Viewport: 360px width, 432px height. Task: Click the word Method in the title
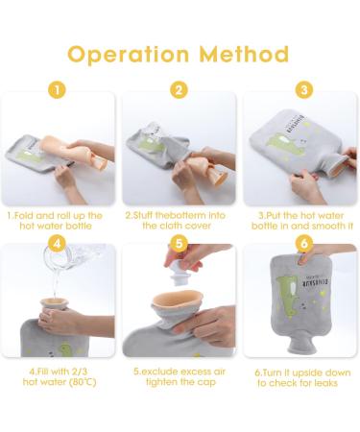click(x=247, y=54)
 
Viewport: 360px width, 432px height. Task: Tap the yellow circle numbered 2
click(x=180, y=91)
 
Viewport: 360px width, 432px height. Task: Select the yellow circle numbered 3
click(x=302, y=91)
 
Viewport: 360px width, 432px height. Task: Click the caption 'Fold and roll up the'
click(x=60, y=216)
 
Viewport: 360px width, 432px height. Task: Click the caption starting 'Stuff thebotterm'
click(x=180, y=216)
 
